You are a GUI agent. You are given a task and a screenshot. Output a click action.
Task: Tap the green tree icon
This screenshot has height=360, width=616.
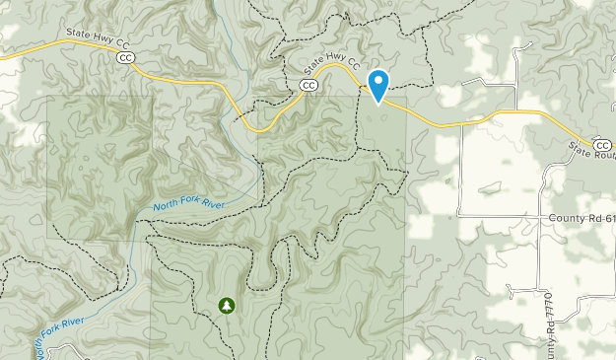tap(228, 306)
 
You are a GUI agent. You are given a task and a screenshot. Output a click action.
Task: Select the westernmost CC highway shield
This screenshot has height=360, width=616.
tap(125, 59)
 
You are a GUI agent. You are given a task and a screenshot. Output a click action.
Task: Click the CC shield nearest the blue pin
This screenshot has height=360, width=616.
tap(309, 86)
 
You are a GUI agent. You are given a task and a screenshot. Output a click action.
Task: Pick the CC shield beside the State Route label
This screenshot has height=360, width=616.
tap(602, 145)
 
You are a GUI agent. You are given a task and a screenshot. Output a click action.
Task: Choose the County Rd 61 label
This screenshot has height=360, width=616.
tap(582, 217)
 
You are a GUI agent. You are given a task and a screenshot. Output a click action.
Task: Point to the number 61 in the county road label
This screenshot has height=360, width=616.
tap(608, 217)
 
